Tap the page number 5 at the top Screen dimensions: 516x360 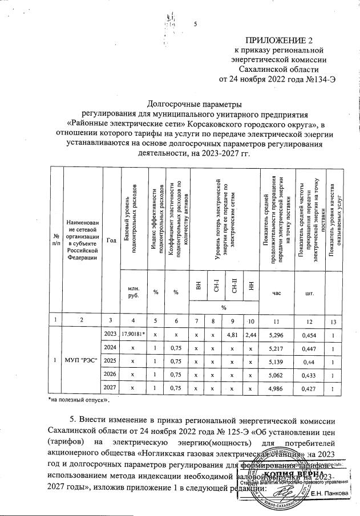point(195,24)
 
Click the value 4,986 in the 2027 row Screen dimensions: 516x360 point(277,388)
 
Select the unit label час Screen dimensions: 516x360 point(277,293)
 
